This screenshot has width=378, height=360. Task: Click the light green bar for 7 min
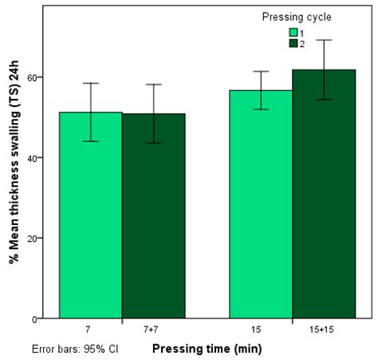click(91, 216)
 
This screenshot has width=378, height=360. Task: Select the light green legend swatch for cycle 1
click(293, 33)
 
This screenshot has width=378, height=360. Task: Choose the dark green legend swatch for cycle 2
click(293, 43)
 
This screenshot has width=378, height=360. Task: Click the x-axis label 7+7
click(153, 329)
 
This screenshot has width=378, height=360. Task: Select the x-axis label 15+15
click(323, 329)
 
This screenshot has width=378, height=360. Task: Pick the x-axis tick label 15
click(261, 329)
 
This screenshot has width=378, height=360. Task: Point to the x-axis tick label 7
click(91, 329)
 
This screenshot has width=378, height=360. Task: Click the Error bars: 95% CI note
click(76, 349)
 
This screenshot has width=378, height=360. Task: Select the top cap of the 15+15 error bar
click(323, 40)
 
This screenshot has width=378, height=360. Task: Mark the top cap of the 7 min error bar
click(91, 83)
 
